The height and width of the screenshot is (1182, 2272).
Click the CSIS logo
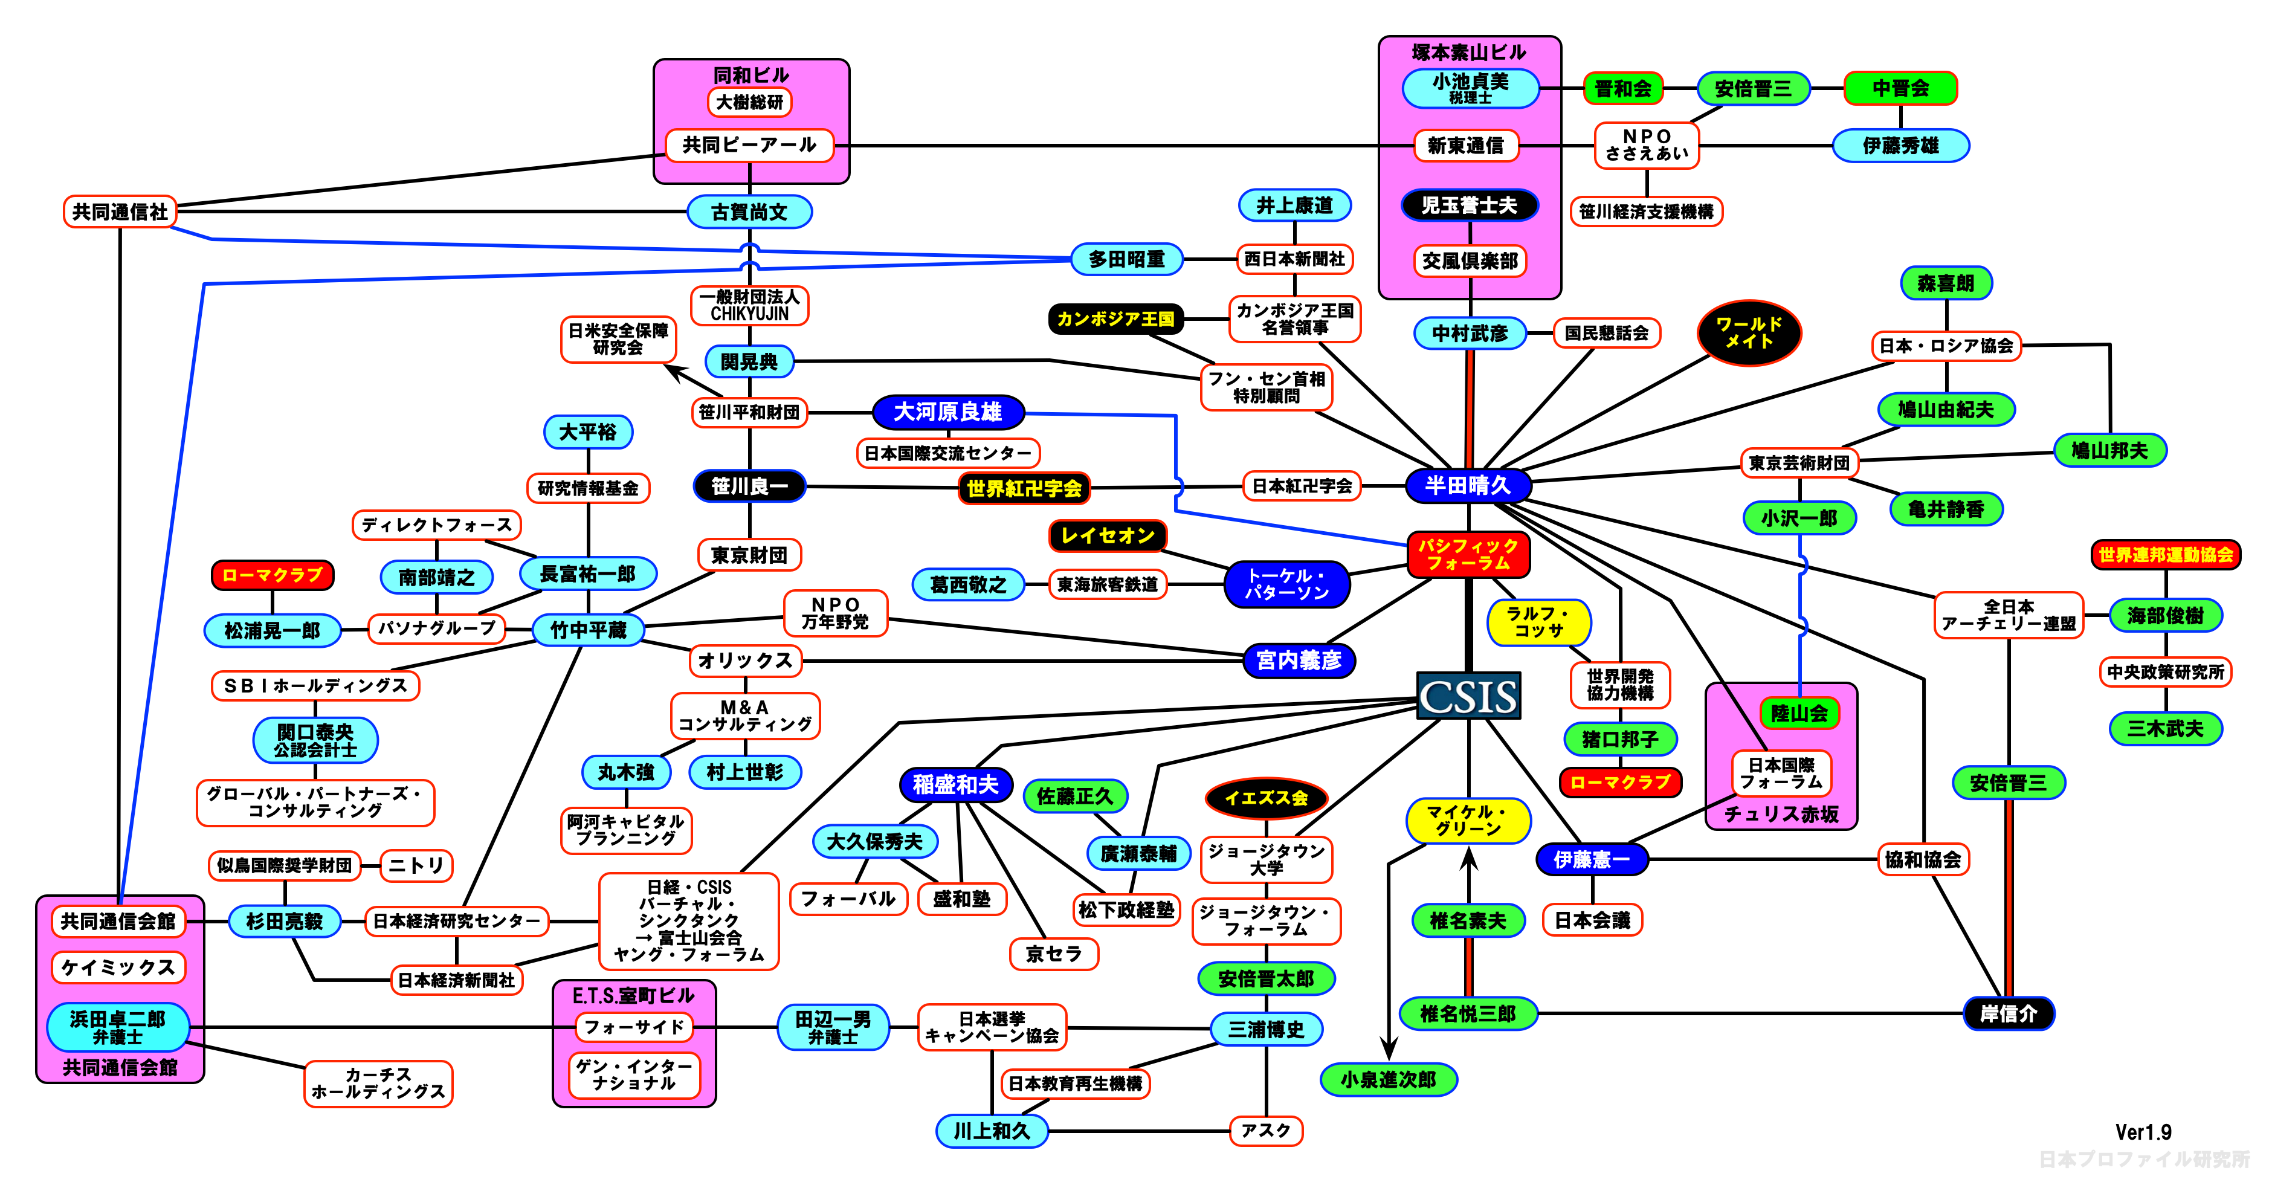click(x=1468, y=696)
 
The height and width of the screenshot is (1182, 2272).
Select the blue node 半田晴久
click(x=1468, y=485)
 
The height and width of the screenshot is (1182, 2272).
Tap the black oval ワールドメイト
click(x=1749, y=332)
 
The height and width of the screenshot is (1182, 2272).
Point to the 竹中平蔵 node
click(x=589, y=630)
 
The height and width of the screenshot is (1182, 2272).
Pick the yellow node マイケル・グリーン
click(x=1468, y=821)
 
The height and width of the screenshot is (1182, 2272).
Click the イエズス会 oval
click(x=1266, y=798)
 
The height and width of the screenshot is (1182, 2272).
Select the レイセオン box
click(x=1108, y=535)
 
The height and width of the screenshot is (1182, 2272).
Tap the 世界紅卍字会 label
click(x=1024, y=488)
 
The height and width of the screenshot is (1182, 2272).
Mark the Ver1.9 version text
click(x=2143, y=1132)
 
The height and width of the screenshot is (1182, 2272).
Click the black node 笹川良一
click(x=750, y=486)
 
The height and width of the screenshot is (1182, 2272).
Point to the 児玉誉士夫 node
click(x=1470, y=205)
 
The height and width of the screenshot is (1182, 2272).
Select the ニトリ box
click(x=416, y=865)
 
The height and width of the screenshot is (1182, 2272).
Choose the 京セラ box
click(x=1053, y=954)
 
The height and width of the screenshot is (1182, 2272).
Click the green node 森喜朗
click(x=1946, y=283)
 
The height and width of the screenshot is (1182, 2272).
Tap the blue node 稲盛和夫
click(x=955, y=784)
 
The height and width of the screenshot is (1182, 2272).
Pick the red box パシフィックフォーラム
click(x=1468, y=554)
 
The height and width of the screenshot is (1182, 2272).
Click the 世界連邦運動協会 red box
click(x=2165, y=555)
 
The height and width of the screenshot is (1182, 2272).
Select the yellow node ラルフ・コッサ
click(x=1539, y=622)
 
